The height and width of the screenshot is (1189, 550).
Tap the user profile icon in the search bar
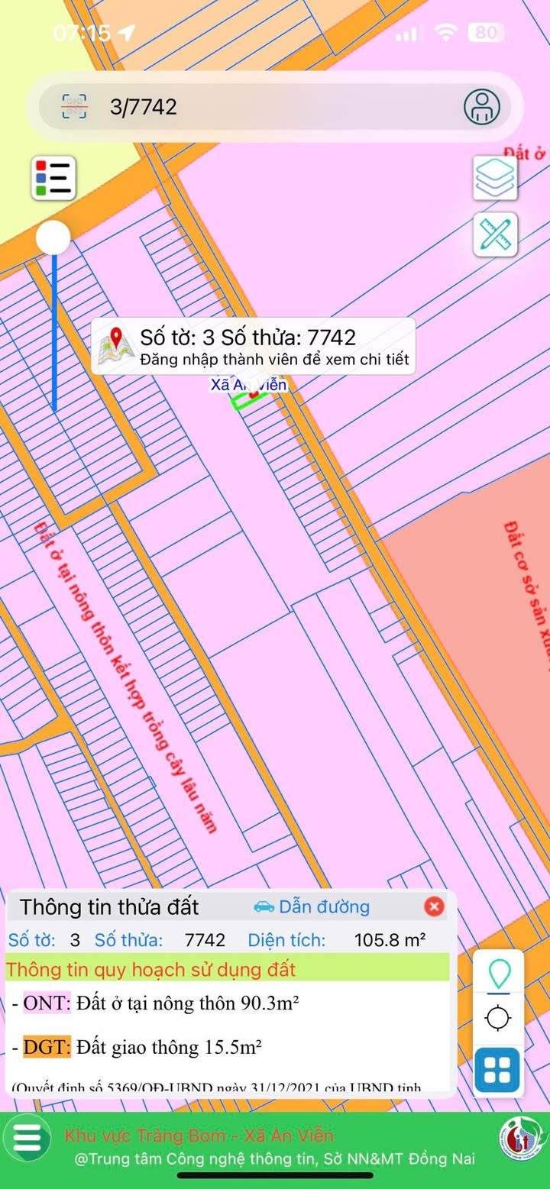(x=482, y=107)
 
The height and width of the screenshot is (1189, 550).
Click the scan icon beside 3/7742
(x=75, y=107)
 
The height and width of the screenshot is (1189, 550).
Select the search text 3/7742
(x=144, y=107)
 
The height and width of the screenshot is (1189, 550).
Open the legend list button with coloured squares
(x=53, y=178)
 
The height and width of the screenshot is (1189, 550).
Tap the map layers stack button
(x=495, y=178)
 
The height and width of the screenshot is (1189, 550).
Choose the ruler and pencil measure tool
(x=495, y=234)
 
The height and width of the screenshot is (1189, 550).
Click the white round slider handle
(x=53, y=237)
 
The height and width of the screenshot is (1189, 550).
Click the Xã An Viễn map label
(x=249, y=385)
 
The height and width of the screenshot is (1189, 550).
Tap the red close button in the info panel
(x=434, y=906)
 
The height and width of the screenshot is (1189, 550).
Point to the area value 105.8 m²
(x=390, y=940)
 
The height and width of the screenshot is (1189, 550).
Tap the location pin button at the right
(x=499, y=974)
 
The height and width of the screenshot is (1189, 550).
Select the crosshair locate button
(x=499, y=1018)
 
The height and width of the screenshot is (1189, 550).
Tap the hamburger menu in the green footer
(x=27, y=1137)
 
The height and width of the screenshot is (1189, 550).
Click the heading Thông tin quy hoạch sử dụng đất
(x=150, y=971)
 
